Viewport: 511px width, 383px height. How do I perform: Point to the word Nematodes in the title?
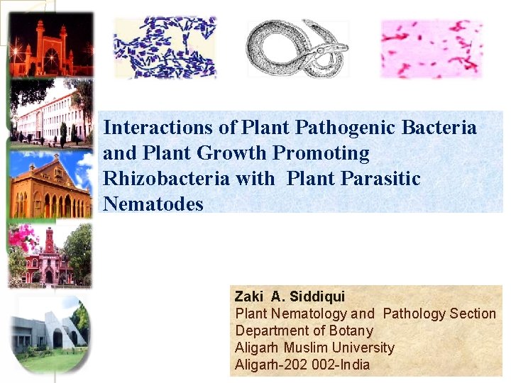153,204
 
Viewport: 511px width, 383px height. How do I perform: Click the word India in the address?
354,365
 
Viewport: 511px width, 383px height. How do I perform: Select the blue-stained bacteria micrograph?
165,47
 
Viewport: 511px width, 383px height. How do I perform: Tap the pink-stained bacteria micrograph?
432,48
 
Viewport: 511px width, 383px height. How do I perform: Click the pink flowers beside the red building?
21,238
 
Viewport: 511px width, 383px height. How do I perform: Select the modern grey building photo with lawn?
50,330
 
